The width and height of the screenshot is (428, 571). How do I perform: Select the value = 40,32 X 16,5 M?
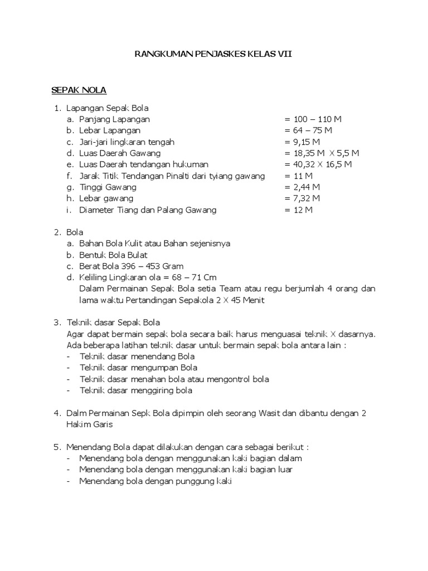coord(318,164)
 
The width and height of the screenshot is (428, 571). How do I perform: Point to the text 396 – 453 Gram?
coord(155,266)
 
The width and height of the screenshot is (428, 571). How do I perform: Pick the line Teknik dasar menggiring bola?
coord(136,390)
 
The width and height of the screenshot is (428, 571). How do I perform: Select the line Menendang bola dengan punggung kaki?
coord(155,481)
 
